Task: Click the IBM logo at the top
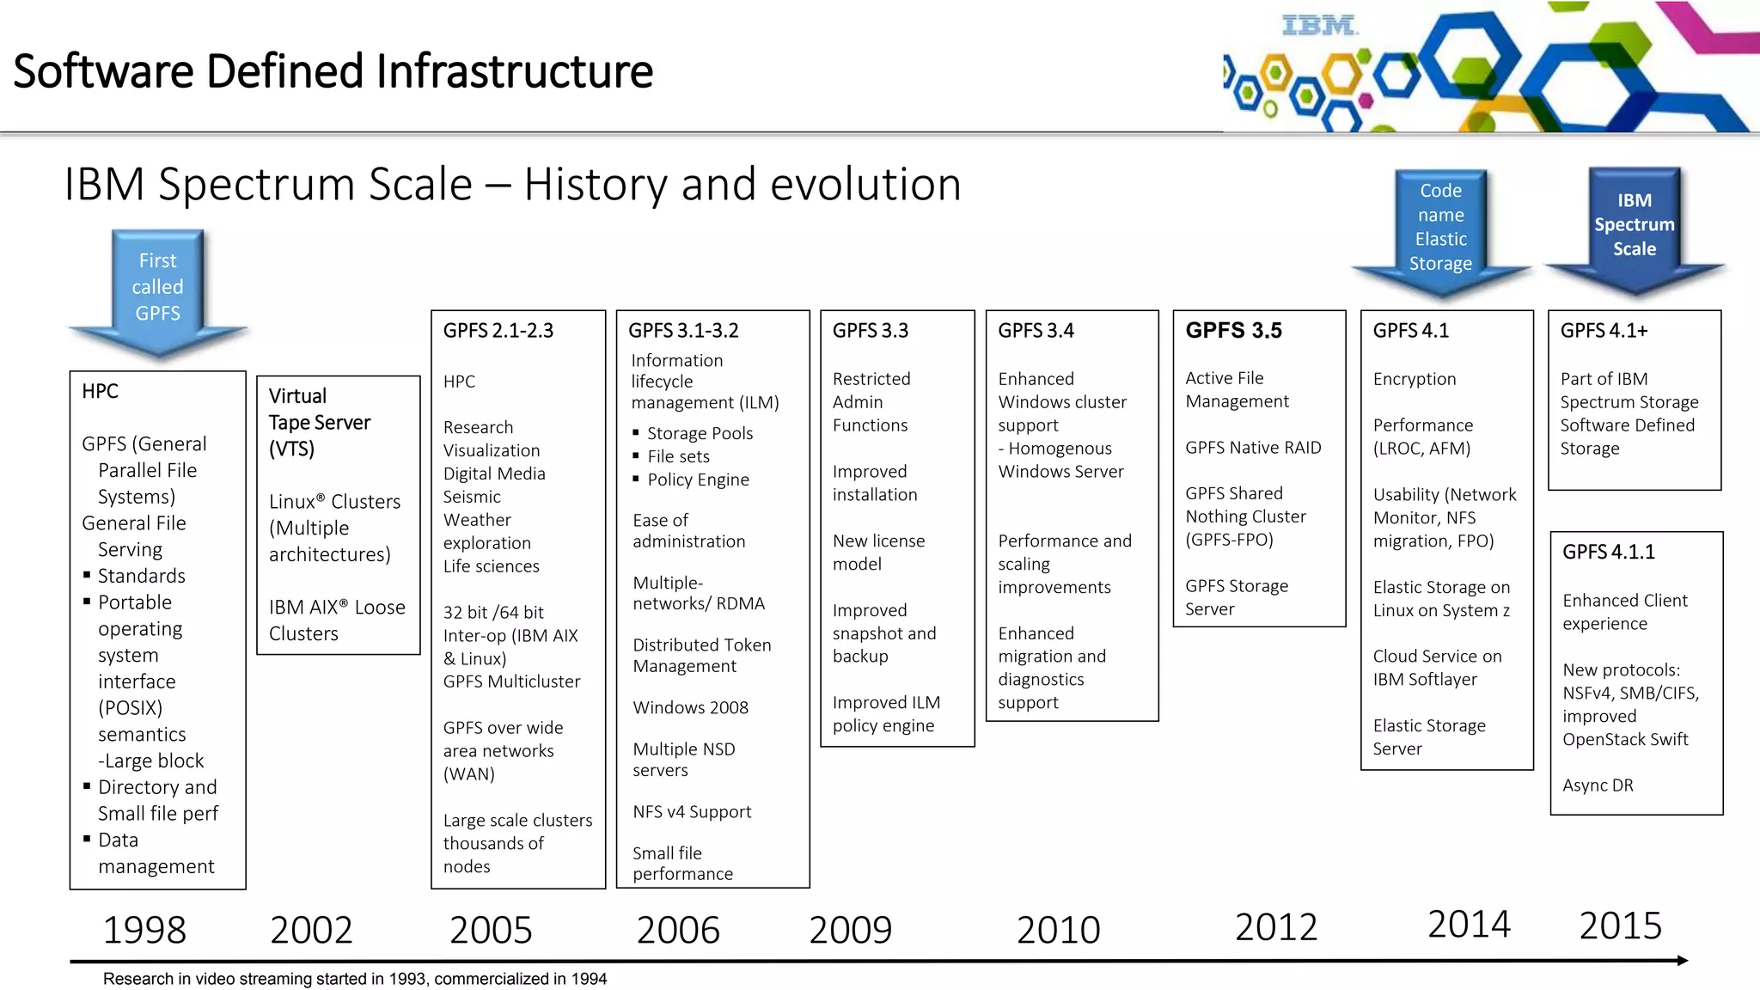click(x=1318, y=26)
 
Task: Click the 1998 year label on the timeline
click(x=144, y=930)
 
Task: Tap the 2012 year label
click(x=1276, y=927)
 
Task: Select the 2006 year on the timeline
click(x=678, y=930)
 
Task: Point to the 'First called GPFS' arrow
click(x=158, y=288)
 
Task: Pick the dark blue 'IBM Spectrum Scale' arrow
click(x=1635, y=226)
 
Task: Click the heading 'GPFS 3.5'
click(x=1233, y=330)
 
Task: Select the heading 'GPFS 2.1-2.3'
click(x=498, y=331)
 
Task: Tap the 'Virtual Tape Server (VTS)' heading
click(x=319, y=422)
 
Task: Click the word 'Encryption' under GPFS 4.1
click(x=1415, y=379)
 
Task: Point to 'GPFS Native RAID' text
click(x=1253, y=448)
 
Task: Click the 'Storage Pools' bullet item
click(x=700, y=433)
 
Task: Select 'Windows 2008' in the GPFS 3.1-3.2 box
click(x=690, y=707)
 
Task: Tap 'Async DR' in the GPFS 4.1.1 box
click(x=1598, y=785)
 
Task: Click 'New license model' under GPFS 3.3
click(x=878, y=553)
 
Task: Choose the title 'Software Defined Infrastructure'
click(x=333, y=70)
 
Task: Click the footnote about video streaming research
click(x=355, y=979)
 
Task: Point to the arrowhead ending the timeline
click(x=1682, y=960)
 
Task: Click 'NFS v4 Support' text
click(x=692, y=812)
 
